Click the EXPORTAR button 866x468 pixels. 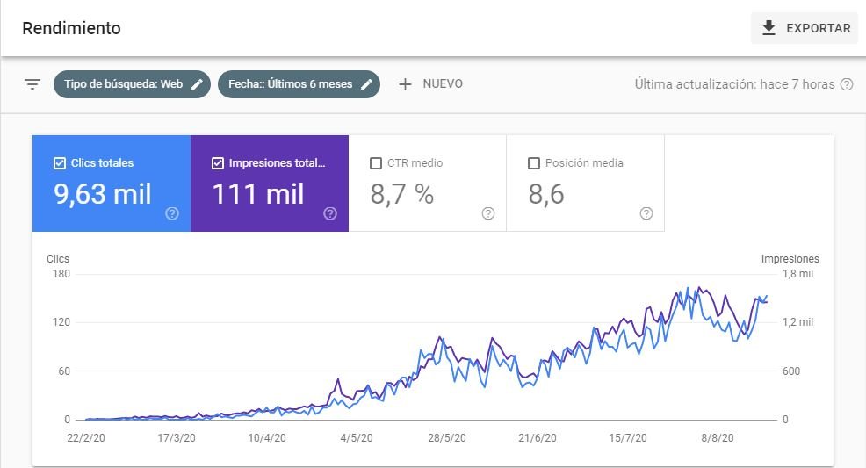click(x=804, y=28)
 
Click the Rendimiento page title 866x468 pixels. click(x=71, y=28)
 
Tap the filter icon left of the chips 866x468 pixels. click(x=32, y=84)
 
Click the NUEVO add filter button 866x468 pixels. click(x=430, y=84)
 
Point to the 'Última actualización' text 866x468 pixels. click(x=734, y=84)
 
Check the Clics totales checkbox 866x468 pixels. click(x=60, y=163)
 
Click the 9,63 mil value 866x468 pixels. click(x=103, y=194)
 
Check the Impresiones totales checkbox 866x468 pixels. click(x=218, y=163)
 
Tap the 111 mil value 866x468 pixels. click(x=258, y=194)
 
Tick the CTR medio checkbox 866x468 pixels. click(x=376, y=163)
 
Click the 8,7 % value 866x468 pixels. click(x=402, y=194)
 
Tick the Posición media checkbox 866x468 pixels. click(x=534, y=163)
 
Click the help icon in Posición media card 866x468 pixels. click(x=646, y=213)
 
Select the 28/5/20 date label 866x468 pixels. click(x=446, y=437)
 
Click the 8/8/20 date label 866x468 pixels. click(x=719, y=437)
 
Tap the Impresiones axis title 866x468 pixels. click(x=790, y=259)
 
